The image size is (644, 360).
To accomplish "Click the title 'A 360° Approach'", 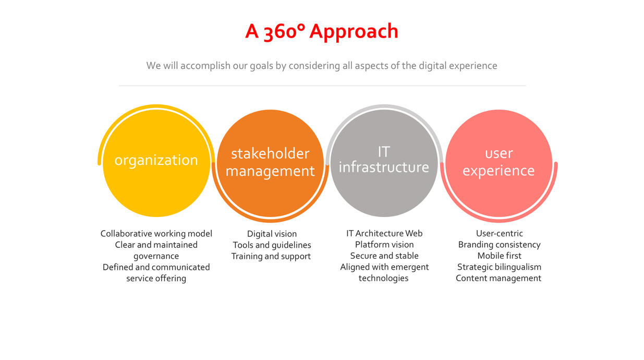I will pos(322,31).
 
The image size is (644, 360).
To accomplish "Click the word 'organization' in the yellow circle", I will pos(156,160).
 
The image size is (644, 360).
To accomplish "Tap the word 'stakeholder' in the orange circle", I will pos(270,153).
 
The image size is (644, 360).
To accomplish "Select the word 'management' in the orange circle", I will pos(270,171).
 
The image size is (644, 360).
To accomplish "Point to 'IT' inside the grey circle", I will pos(384,152).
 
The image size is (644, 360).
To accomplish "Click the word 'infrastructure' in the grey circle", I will pos(384,167).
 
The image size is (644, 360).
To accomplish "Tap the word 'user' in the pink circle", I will pos(499,153).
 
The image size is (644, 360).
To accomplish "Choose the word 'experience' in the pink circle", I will pos(499,171).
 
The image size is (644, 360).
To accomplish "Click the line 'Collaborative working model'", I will pos(156,234).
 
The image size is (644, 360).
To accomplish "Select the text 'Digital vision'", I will pos(272,234).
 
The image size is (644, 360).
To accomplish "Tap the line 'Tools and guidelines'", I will pos(272,245).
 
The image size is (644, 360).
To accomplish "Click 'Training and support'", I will pos(271,256).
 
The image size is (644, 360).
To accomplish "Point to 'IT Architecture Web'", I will pos(384,233).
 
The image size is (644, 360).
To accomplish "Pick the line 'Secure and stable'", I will pos(384,256).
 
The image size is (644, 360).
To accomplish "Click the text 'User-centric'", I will pos(499,233).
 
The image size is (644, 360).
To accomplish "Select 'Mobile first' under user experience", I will pos(499,256).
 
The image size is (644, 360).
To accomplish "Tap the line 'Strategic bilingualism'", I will pos(499,267).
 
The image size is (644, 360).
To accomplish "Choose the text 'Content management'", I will pos(499,278).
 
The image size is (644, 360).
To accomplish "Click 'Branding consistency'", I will pos(499,245).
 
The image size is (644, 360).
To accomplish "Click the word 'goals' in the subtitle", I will pos(261,66).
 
